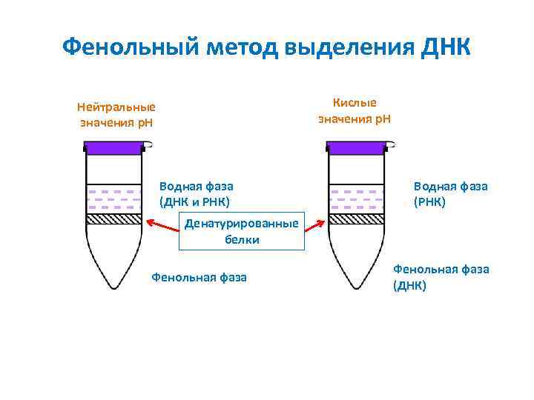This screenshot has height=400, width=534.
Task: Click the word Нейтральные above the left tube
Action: pos(116,107)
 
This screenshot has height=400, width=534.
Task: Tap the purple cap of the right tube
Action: pos(355,147)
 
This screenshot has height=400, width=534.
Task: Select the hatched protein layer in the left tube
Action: pos(113,219)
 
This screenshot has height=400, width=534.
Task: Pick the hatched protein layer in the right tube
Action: pos(356,219)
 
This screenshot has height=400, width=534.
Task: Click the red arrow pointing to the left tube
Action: pos(163,222)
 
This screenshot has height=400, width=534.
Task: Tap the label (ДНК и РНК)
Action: pos(195,201)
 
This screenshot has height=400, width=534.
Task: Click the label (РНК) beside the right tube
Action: pos(431,201)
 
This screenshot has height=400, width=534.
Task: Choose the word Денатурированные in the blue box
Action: pos(243,224)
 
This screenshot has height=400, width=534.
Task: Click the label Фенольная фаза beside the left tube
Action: pos(199,278)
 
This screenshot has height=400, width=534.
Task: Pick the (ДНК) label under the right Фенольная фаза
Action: pos(409,285)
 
